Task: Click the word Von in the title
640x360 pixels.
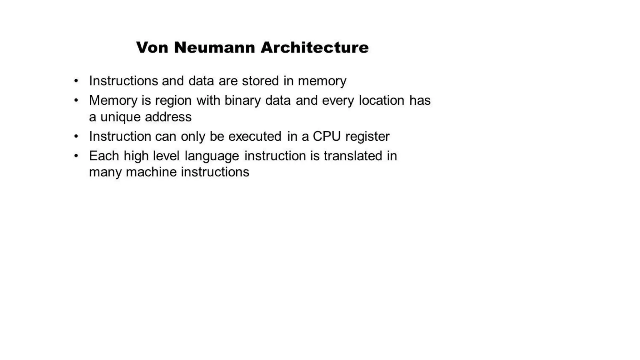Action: pos(152,47)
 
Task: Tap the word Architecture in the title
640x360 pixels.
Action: pos(314,47)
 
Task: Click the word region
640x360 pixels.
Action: pos(173,101)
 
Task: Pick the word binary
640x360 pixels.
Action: pos(242,101)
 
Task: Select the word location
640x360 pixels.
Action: pos(381,100)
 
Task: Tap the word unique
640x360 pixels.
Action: pos(120,117)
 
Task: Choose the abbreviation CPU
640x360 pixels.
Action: pos(327,136)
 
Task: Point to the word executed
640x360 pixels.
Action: pos(255,136)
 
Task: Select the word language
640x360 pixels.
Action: pos(212,156)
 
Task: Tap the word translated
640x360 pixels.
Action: pos(353,156)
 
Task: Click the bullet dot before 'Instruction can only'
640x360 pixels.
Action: pos(76,136)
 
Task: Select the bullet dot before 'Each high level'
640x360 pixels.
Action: pos(76,156)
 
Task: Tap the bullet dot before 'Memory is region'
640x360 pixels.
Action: pos(76,100)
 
